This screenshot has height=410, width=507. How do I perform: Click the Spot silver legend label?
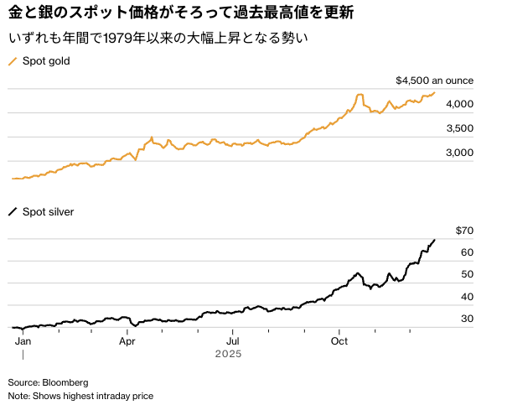[49, 212]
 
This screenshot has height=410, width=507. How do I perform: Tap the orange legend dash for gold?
[13, 61]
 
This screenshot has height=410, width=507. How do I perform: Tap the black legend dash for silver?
[13, 212]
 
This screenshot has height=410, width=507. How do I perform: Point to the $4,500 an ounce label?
[434, 81]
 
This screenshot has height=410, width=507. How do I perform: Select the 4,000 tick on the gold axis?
[459, 104]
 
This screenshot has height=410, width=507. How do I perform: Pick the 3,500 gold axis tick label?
[459, 128]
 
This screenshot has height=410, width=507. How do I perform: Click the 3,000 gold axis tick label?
[459, 153]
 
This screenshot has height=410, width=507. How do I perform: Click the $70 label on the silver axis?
[465, 231]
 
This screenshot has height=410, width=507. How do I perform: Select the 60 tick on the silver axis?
[467, 252]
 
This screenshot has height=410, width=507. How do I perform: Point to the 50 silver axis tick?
[467, 274]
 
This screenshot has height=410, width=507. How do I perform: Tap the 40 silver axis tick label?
[467, 297]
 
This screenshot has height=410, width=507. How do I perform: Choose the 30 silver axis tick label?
[467, 319]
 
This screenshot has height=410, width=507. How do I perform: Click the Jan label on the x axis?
[23, 341]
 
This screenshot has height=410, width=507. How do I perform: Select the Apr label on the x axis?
[127, 341]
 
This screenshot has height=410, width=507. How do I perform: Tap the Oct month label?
[339, 341]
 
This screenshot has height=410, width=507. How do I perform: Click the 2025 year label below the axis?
[228, 355]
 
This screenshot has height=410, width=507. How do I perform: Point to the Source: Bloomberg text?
[48, 381]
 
